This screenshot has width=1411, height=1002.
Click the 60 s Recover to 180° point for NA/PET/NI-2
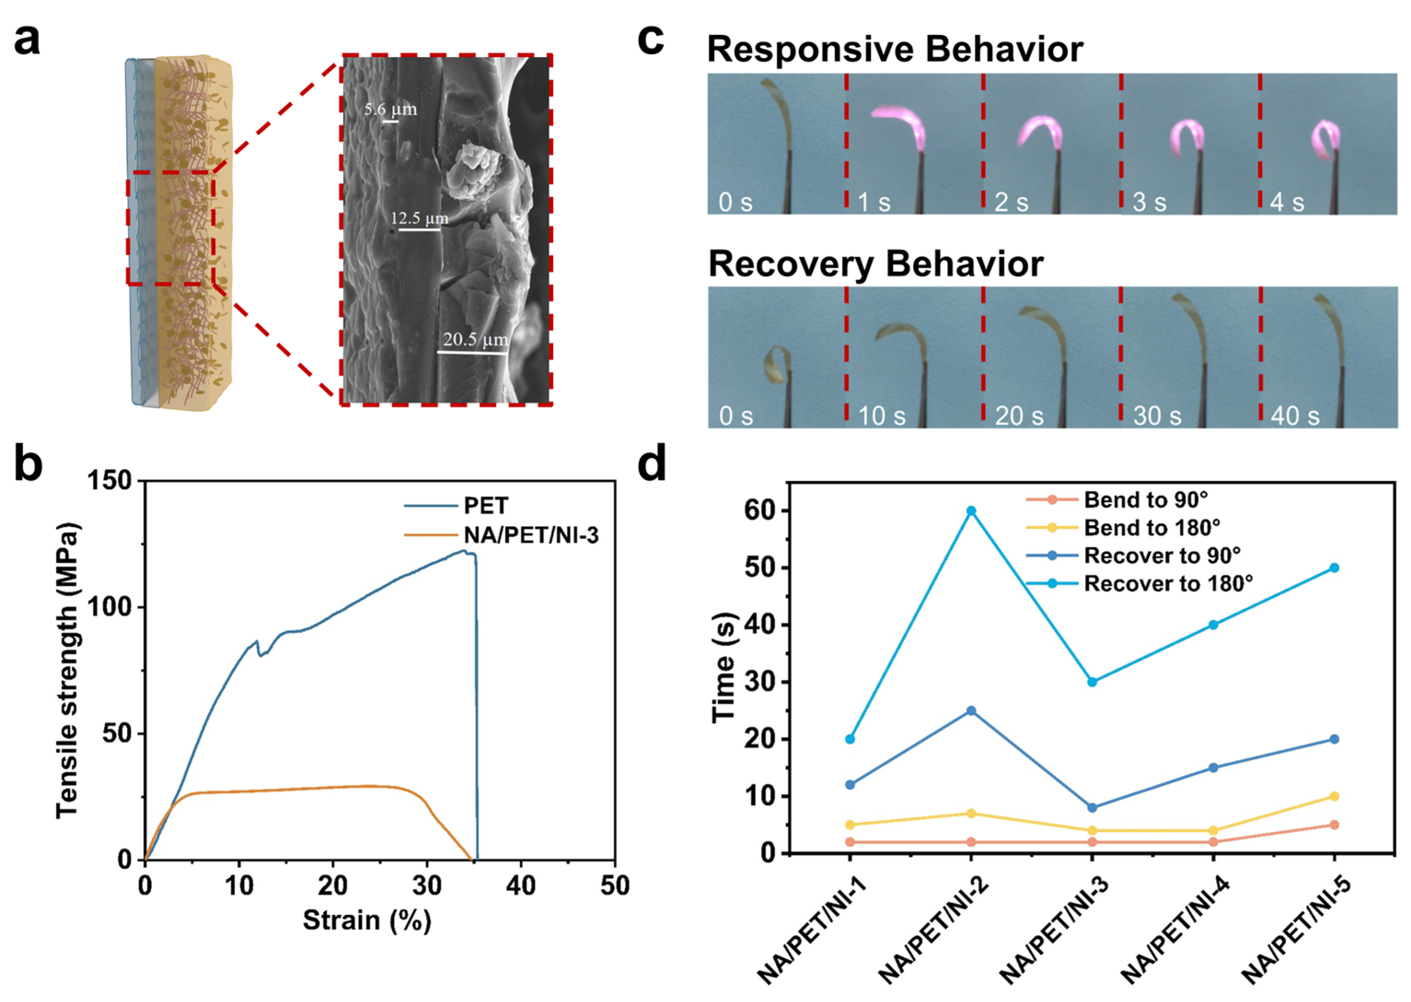coord(971,511)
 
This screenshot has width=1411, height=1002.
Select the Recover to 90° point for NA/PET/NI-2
coord(971,711)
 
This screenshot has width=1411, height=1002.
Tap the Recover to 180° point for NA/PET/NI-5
coord(1334,568)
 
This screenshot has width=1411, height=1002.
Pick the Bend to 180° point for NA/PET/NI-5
coord(1334,797)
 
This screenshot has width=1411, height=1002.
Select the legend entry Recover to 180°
coord(1168,584)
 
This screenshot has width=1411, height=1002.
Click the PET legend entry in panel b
coord(486,506)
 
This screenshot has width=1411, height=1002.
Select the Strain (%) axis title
coord(366,921)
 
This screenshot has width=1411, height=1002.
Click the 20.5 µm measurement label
coord(475,339)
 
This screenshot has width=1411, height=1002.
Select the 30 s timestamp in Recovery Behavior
coord(1157,417)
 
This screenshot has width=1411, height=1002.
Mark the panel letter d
coord(652,464)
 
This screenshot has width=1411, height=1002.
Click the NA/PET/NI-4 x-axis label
coord(1174,932)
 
